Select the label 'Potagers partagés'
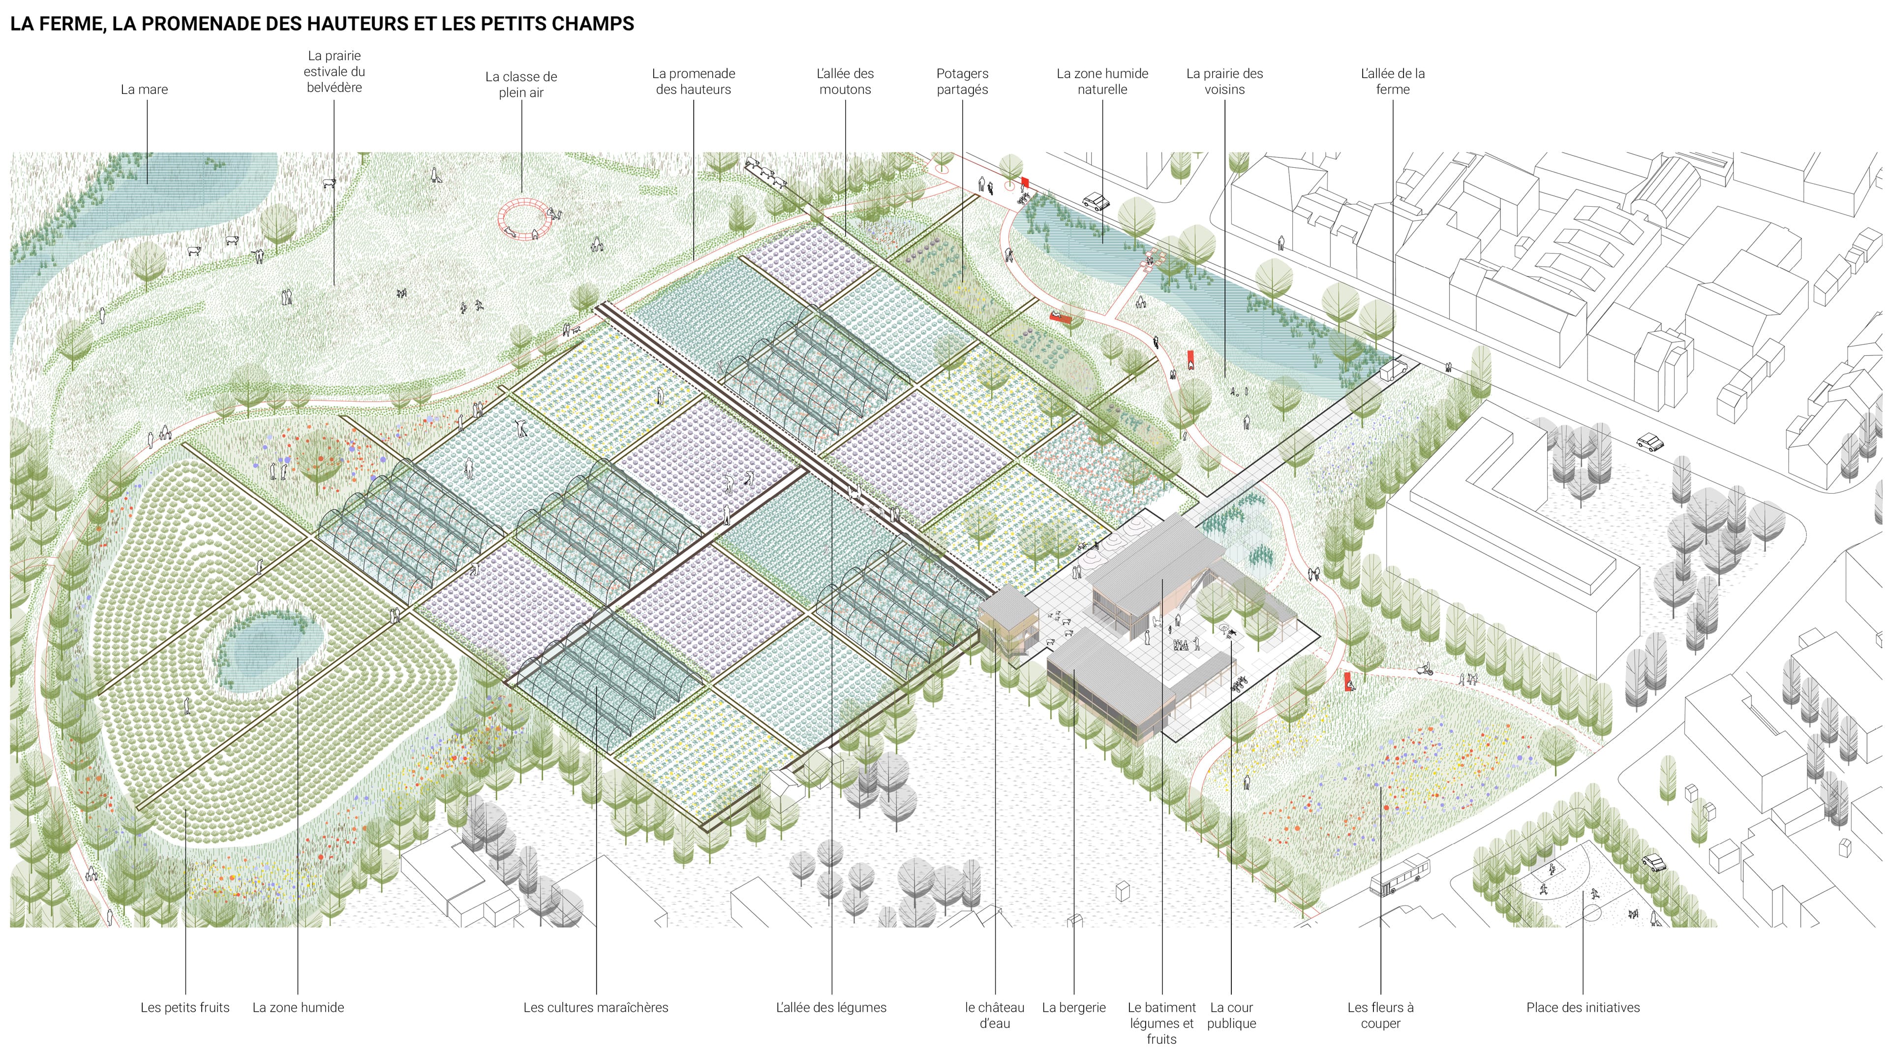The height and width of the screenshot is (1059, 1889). (x=962, y=81)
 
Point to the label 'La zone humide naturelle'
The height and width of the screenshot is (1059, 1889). (x=1101, y=81)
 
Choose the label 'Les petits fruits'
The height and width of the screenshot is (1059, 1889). (x=185, y=1008)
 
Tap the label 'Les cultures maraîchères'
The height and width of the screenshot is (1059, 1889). (x=595, y=1008)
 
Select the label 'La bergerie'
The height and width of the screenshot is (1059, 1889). (x=1073, y=1008)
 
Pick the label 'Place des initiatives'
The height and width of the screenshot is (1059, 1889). (x=1583, y=1008)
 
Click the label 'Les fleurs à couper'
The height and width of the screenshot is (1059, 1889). (x=1380, y=1015)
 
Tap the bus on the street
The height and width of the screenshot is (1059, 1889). (x=1399, y=875)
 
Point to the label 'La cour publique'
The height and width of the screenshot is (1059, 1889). (x=1231, y=1015)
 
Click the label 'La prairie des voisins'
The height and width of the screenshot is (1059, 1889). (x=1224, y=81)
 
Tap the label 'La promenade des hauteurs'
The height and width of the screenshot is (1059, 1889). (x=693, y=81)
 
